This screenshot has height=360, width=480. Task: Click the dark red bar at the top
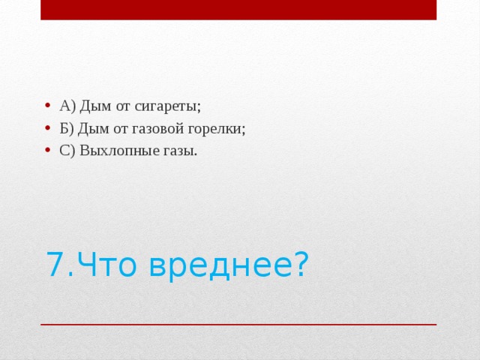pos(238,9)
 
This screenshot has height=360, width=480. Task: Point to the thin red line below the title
pos(238,324)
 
